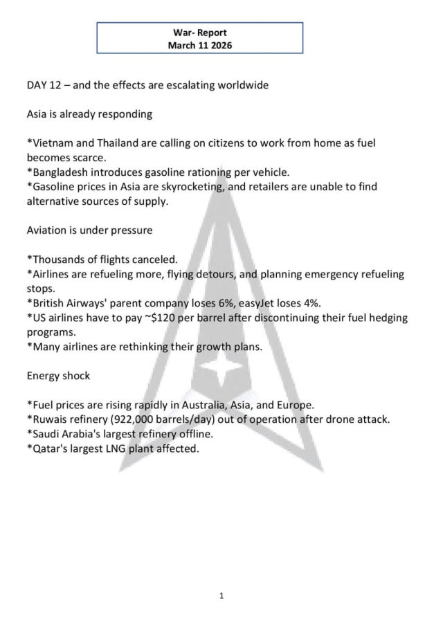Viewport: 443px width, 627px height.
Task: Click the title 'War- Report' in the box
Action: [199, 33]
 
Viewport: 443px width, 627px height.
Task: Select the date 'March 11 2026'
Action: [199, 45]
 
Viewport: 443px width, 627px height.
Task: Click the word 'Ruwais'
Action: [49, 419]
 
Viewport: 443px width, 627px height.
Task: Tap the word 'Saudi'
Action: [46, 434]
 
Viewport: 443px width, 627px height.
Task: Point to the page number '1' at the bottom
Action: [221, 594]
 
